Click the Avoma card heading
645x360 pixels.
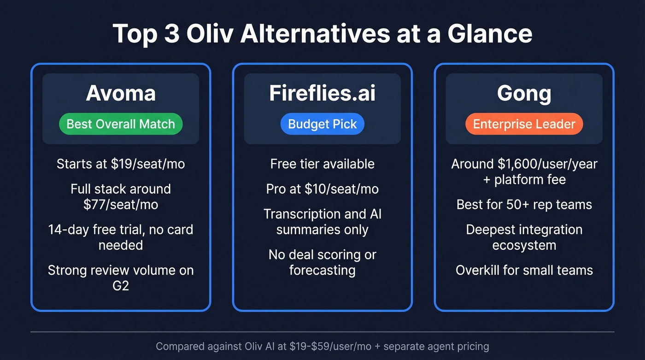click(121, 94)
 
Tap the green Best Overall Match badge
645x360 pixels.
click(121, 124)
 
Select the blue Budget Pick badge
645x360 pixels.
click(322, 124)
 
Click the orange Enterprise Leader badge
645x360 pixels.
click(524, 124)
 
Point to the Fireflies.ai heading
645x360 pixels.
click(322, 94)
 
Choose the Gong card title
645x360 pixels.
click(524, 94)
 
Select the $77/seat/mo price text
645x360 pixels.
click(121, 204)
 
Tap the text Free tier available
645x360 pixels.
click(322, 164)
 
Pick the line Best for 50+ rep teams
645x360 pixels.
click(524, 204)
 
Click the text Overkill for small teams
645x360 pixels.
click(524, 270)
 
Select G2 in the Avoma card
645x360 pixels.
click(121, 285)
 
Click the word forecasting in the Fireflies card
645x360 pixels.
click(322, 270)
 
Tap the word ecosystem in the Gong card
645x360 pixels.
click(524, 245)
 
